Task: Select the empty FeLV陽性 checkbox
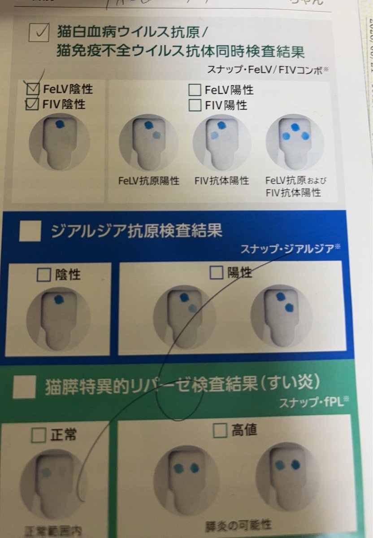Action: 195,90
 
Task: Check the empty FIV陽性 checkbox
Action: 195,105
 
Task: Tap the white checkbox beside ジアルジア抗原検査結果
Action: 30,232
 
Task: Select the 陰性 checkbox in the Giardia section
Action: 43,275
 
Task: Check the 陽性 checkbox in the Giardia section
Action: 217,273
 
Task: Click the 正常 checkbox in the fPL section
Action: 39,435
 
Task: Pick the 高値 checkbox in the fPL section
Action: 220,431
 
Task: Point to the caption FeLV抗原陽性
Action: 149,181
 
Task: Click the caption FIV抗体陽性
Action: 222,181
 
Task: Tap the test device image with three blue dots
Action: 295,143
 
